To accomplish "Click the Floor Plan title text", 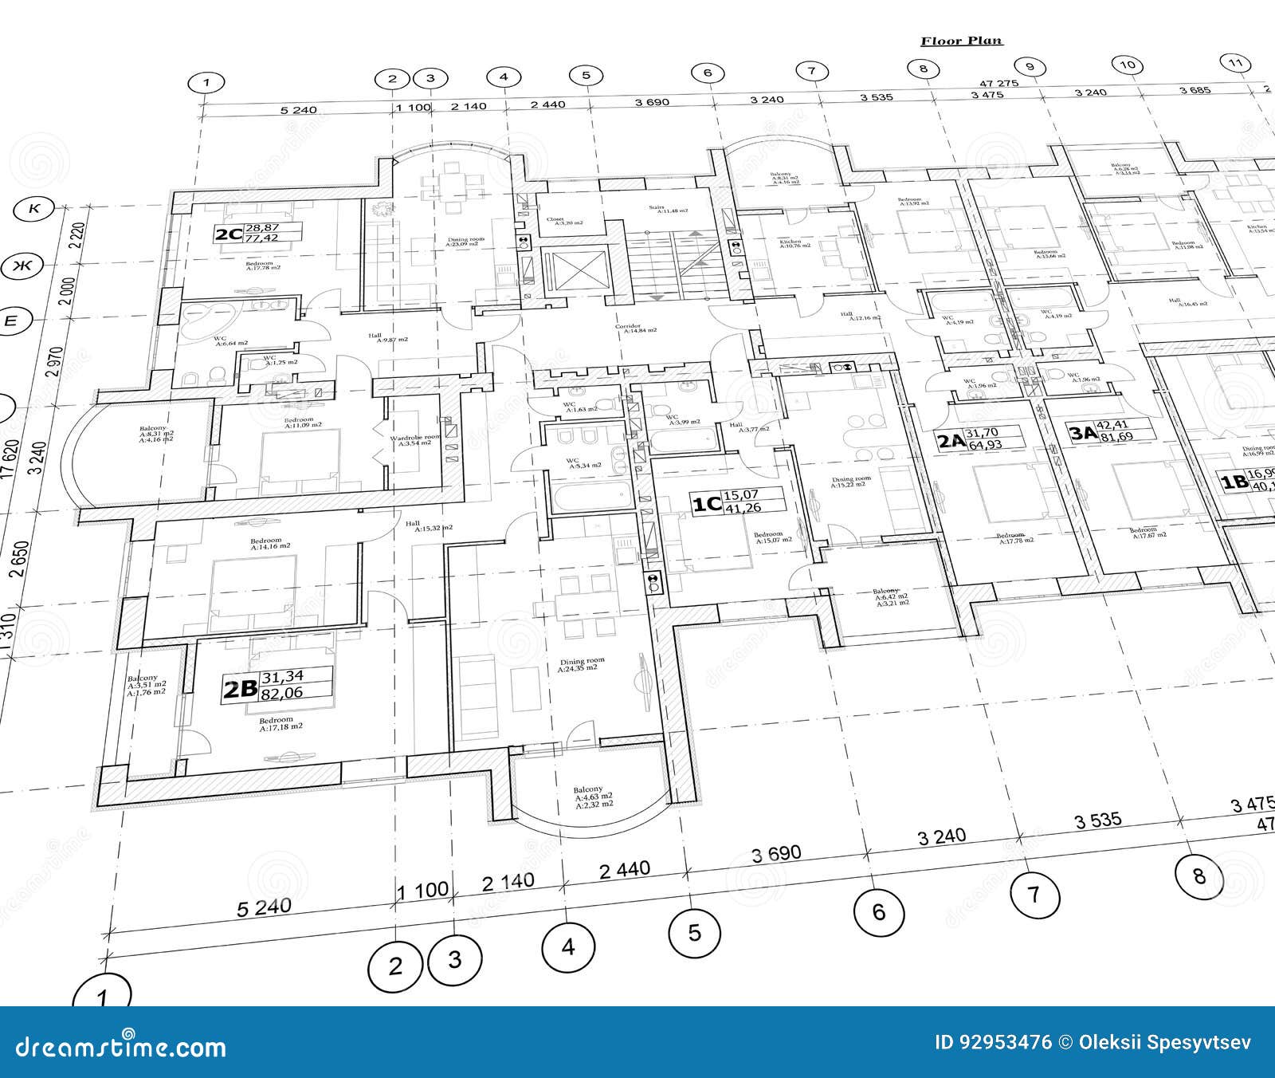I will click(x=961, y=41).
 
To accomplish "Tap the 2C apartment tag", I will click(x=229, y=234).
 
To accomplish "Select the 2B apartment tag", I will click(x=239, y=690).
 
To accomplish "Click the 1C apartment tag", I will click(x=705, y=504).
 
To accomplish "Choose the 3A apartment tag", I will click(x=1082, y=434).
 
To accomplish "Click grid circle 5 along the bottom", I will click(x=694, y=932).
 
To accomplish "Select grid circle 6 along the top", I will click(x=708, y=73).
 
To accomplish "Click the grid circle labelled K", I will click(x=35, y=209).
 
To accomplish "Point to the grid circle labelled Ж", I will click(x=24, y=266).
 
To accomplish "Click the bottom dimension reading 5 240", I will click(x=264, y=907).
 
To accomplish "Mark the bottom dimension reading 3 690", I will click(x=776, y=853).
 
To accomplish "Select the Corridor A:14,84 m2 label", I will click(x=629, y=329).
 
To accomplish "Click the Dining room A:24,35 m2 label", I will click(x=582, y=664).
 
